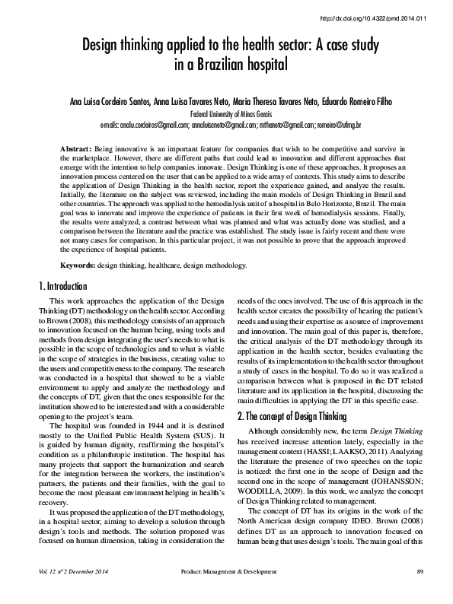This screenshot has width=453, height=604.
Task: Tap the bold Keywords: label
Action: coord(78,265)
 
